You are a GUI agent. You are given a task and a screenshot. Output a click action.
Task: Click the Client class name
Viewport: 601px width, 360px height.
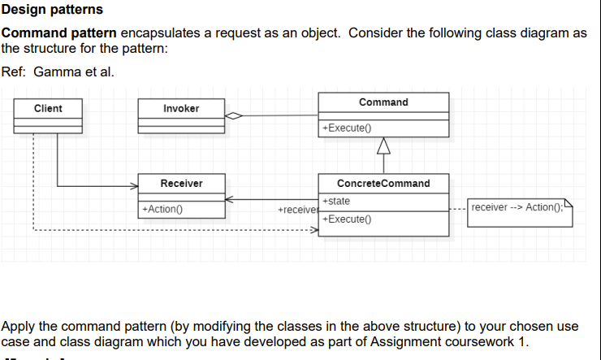pyautogui.click(x=48, y=108)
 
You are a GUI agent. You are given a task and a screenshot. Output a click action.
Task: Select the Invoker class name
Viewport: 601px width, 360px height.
pyautogui.click(x=181, y=108)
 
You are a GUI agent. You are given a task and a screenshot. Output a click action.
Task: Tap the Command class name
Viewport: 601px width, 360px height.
pyautogui.click(x=383, y=102)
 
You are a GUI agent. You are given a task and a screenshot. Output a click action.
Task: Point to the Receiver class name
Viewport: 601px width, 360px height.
pyautogui.click(x=181, y=184)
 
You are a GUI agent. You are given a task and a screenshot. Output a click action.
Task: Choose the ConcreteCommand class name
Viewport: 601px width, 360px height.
pyautogui.click(x=383, y=184)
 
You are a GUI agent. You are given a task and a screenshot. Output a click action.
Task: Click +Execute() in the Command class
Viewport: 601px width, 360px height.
pyautogui.click(x=346, y=128)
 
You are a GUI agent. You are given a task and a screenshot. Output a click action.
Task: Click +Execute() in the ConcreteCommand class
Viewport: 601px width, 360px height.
pyautogui.click(x=346, y=219)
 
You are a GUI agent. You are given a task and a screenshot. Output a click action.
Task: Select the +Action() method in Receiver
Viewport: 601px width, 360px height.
pyautogui.click(x=162, y=209)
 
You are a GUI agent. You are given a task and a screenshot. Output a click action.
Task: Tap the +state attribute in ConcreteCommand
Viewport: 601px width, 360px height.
pyautogui.click(x=336, y=201)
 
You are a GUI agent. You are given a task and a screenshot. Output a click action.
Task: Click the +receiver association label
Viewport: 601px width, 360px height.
pyautogui.click(x=296, y=210)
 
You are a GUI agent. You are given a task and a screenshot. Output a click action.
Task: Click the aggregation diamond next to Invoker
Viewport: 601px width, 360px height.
pyautogui.click(x=234, y=115)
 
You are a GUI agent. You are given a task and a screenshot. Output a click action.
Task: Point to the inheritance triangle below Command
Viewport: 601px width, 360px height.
pyautogui.click(x=383, y=146)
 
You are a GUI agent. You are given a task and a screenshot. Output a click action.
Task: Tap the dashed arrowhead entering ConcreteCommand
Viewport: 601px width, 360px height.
pyautogui.click(x=313, y=230)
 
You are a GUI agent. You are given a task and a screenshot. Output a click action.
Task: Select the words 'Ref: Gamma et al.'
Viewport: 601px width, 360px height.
pyautogui.click(x=58, y=72)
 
